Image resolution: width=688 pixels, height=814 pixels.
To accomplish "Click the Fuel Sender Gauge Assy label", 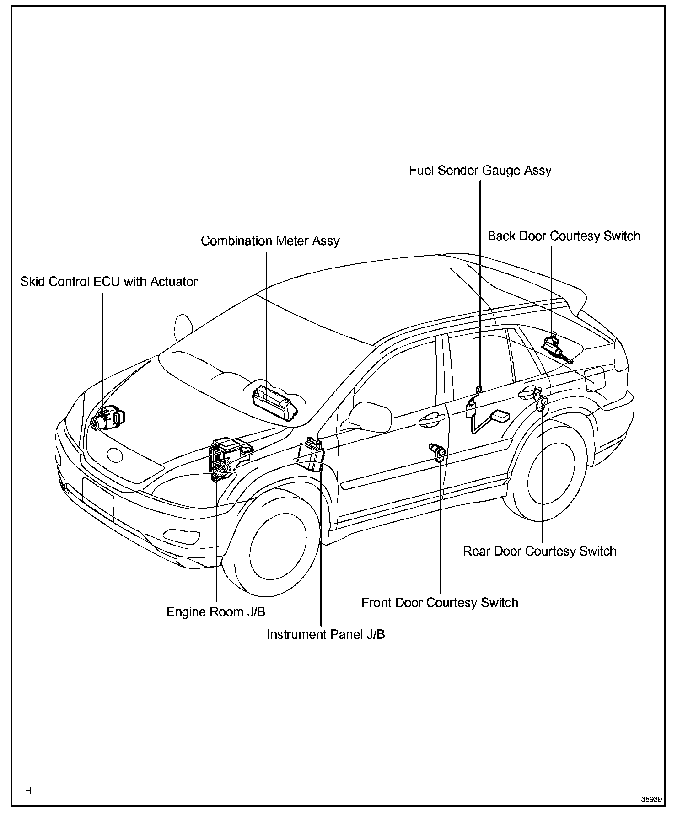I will [x=480, y=171].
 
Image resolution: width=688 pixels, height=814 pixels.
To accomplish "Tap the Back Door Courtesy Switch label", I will [x=564, y=236].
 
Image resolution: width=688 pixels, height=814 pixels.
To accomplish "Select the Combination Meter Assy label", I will [x=270, y=241].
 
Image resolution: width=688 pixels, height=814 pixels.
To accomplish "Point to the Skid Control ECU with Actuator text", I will [x=109, y=282].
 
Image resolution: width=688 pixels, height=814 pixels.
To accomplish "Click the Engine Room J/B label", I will [x=215, y=612].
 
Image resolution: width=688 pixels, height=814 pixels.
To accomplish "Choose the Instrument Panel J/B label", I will [x=326, y=635].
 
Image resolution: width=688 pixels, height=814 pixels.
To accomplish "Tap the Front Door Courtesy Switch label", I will [x=440, y=603].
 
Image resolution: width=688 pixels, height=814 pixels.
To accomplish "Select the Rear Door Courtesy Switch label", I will [x=540, y=551].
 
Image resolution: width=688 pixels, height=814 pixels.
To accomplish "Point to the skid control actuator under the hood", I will [x=108, y=418].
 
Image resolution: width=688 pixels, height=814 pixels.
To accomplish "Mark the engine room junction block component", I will [x=228, y=459].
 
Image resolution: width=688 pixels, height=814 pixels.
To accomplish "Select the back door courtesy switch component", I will [x=554, y=347].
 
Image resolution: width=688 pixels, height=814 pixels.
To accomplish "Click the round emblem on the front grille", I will [x=115, y=455].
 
